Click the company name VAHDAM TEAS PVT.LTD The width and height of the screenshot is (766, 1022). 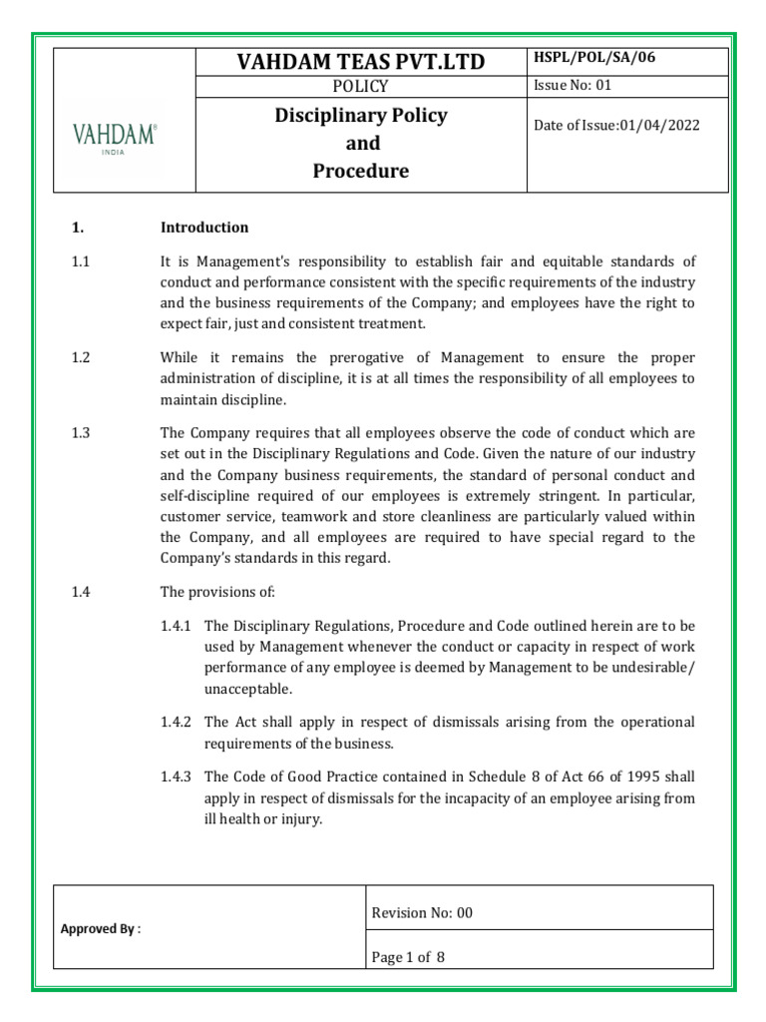click(x=361, y=62)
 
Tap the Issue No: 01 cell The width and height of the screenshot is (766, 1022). click(x=574, y=86)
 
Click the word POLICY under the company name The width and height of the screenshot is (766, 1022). click(x=361, y=88)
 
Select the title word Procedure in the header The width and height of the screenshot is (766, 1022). click(x=361, y=171)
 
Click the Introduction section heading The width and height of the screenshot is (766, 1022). click(x=204, y=228)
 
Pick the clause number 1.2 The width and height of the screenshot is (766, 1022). click(x=81, y=357)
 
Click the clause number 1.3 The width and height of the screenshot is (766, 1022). click(x=81, y=433)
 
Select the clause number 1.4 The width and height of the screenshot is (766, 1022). click(x=81, y=592)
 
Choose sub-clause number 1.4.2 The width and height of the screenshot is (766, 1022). click(x=179, y=722)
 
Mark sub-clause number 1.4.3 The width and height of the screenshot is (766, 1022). click(x=179, y=777)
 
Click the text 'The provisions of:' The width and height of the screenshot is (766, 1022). click(x=216, y=592)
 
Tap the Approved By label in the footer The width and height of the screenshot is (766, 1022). click(x=101, y=928)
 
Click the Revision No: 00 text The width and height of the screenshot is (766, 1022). click(x=422, y=912)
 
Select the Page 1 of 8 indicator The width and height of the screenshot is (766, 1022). click(x=408, y=957)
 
